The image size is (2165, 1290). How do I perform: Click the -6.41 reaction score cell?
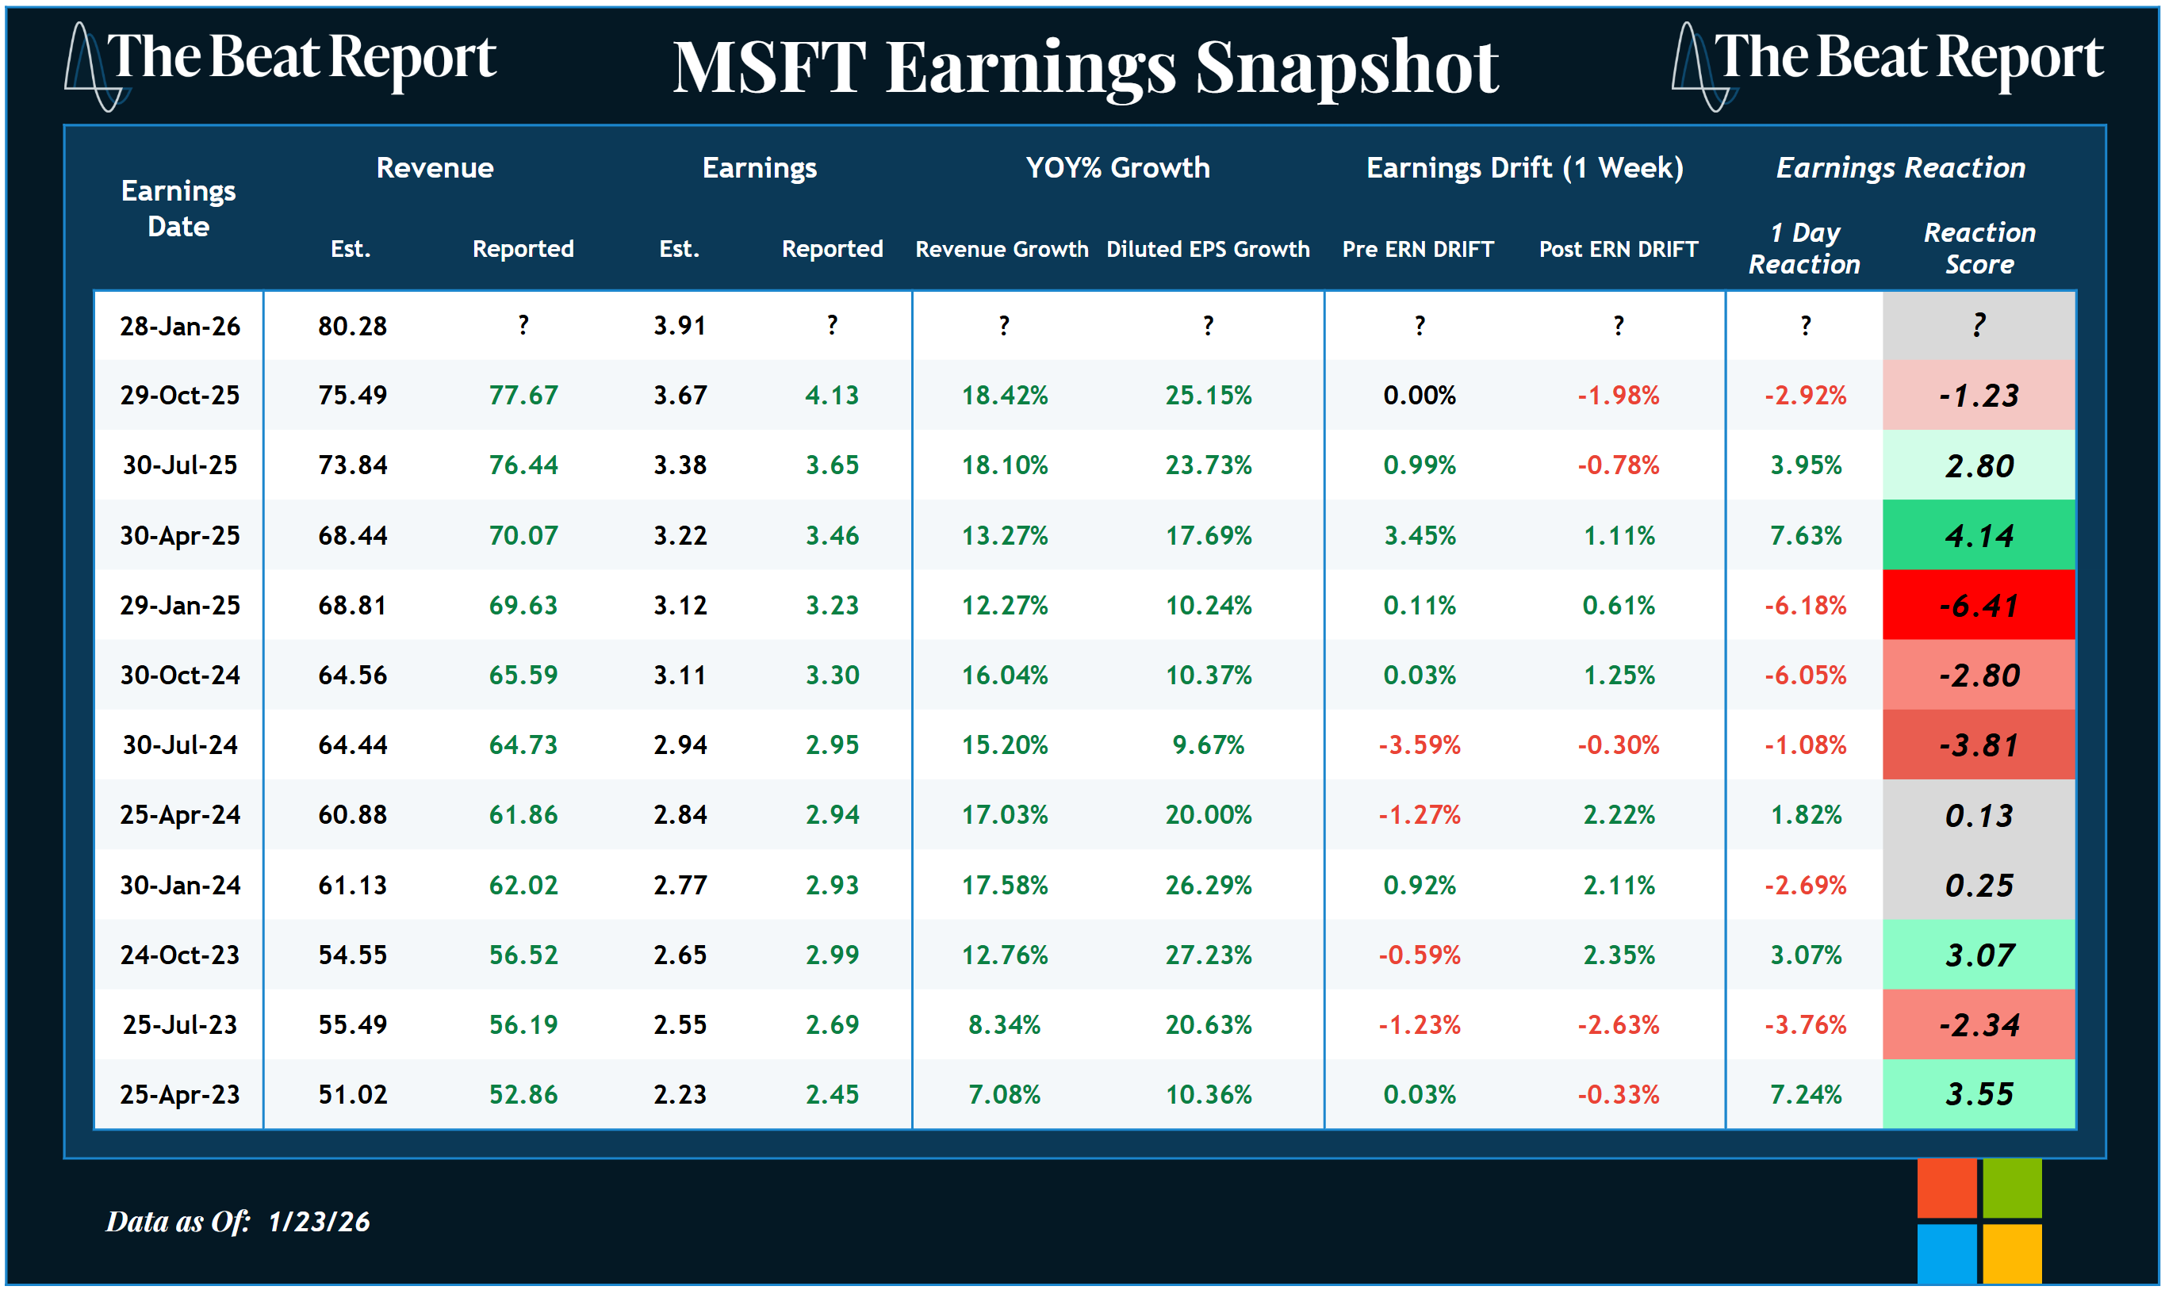[x=1978, y=605]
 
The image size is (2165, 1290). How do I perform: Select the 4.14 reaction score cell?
[x=1978, y=535]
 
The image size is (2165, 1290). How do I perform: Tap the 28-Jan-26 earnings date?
[x=180, y=326]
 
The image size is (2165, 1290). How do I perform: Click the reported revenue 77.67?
[x=523, y=396]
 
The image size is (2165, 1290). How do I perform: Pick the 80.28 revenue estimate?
[x=352, y=326]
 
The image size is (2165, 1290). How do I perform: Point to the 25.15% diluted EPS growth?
[x=1208, y=396]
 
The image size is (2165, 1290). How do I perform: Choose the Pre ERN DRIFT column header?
[x=1417, y=250]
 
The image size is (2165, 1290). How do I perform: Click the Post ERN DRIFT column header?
[x=1617, y=250]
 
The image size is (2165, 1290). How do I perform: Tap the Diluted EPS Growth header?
[x=1208, y=250]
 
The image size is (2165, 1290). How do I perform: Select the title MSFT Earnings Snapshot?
[x=1085, y=68]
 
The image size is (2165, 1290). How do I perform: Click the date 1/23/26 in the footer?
[x=319, y=1221]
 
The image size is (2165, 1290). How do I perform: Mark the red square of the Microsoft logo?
[x=1946, y=1189]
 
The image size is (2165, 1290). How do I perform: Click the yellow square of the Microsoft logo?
[x=2011, y=1254]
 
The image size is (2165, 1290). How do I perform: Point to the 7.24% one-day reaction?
[x=1805, y=1094]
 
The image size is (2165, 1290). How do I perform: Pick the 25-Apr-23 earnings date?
[x=180, y=1094]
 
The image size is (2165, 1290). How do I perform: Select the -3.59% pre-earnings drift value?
[x=1419, y=745]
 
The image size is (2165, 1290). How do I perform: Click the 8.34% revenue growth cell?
[x=1003, y=1025]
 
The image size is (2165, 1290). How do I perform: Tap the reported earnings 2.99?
[x=832, y=955]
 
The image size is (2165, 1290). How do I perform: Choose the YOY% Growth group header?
[x=1117, y=168]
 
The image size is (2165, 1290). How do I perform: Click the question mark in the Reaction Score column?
[x=1978, y=326]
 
